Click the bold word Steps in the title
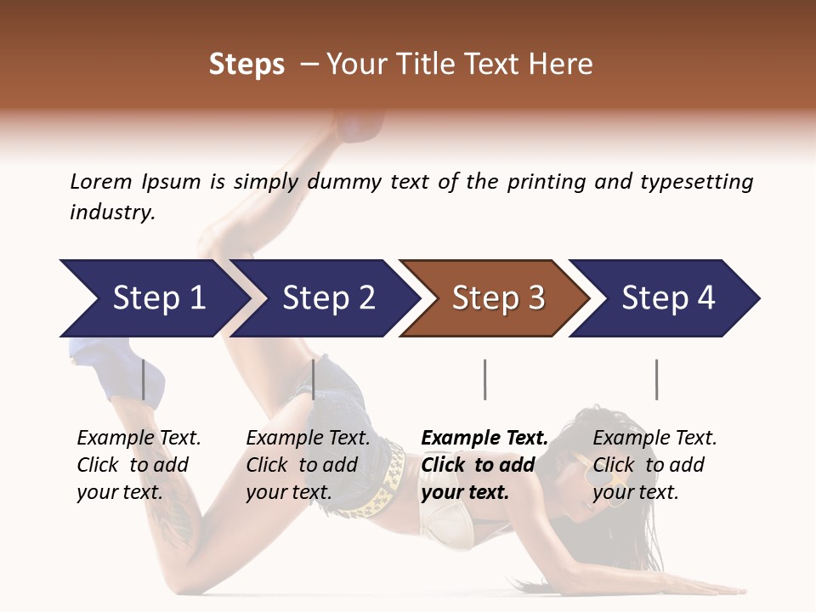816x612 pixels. [x=246, y=64]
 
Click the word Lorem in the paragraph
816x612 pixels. [x=101, y=181]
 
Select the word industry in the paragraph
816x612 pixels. [x=112, y=212]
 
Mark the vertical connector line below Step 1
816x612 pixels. [x=144, y=379]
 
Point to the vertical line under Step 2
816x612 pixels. [x=314, y=379]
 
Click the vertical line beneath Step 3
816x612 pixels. [x=484, y=379]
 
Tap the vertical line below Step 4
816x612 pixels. [x=656, y=379]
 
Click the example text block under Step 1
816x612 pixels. [x=139, y=464]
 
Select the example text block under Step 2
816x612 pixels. [x=308, y=464]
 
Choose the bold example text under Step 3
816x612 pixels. [x=484, y=464]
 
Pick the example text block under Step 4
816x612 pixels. [x=654, y=464]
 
